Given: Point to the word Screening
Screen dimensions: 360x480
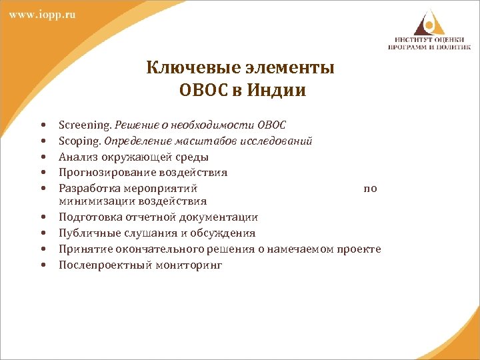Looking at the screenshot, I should pyautogui.click(x=85, y=125).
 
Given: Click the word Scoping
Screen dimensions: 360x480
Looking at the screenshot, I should pyautogui.click(x=79, y=141).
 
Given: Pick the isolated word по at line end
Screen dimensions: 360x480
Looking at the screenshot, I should pyautogui.click(x=370, y=189).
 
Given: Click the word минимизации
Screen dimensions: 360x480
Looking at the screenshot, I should pyautogui.click(x=93, y=201).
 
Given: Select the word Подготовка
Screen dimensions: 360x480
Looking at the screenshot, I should pyautogui.click(x=89, y=217).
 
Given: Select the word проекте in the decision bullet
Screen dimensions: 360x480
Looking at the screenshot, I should pyautogui.click(x=359, y=249).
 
